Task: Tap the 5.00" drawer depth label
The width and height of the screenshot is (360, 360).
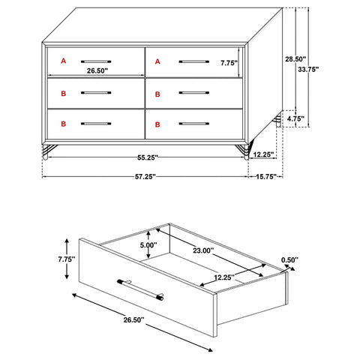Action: (x=148, y=244)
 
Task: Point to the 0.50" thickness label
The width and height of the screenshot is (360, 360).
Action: (x=288, y=260)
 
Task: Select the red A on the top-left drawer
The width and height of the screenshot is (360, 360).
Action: (x=64, y=59)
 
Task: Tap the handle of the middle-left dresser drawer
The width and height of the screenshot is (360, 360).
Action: (x=96, y=92)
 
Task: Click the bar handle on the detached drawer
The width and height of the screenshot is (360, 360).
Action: (x=140, y=288)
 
